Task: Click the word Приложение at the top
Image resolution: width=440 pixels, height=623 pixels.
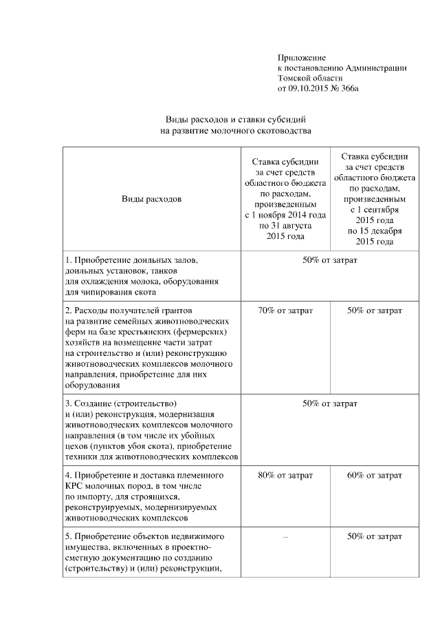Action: tap(301, 57)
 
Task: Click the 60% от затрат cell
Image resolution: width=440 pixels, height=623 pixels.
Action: tap(375, 475)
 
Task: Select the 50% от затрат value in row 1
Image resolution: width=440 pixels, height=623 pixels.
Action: tap(329, 260)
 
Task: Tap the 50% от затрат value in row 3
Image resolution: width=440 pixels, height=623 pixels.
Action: tap(329, 403)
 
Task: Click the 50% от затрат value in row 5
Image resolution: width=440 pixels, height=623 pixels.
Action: tap(375, 536)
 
